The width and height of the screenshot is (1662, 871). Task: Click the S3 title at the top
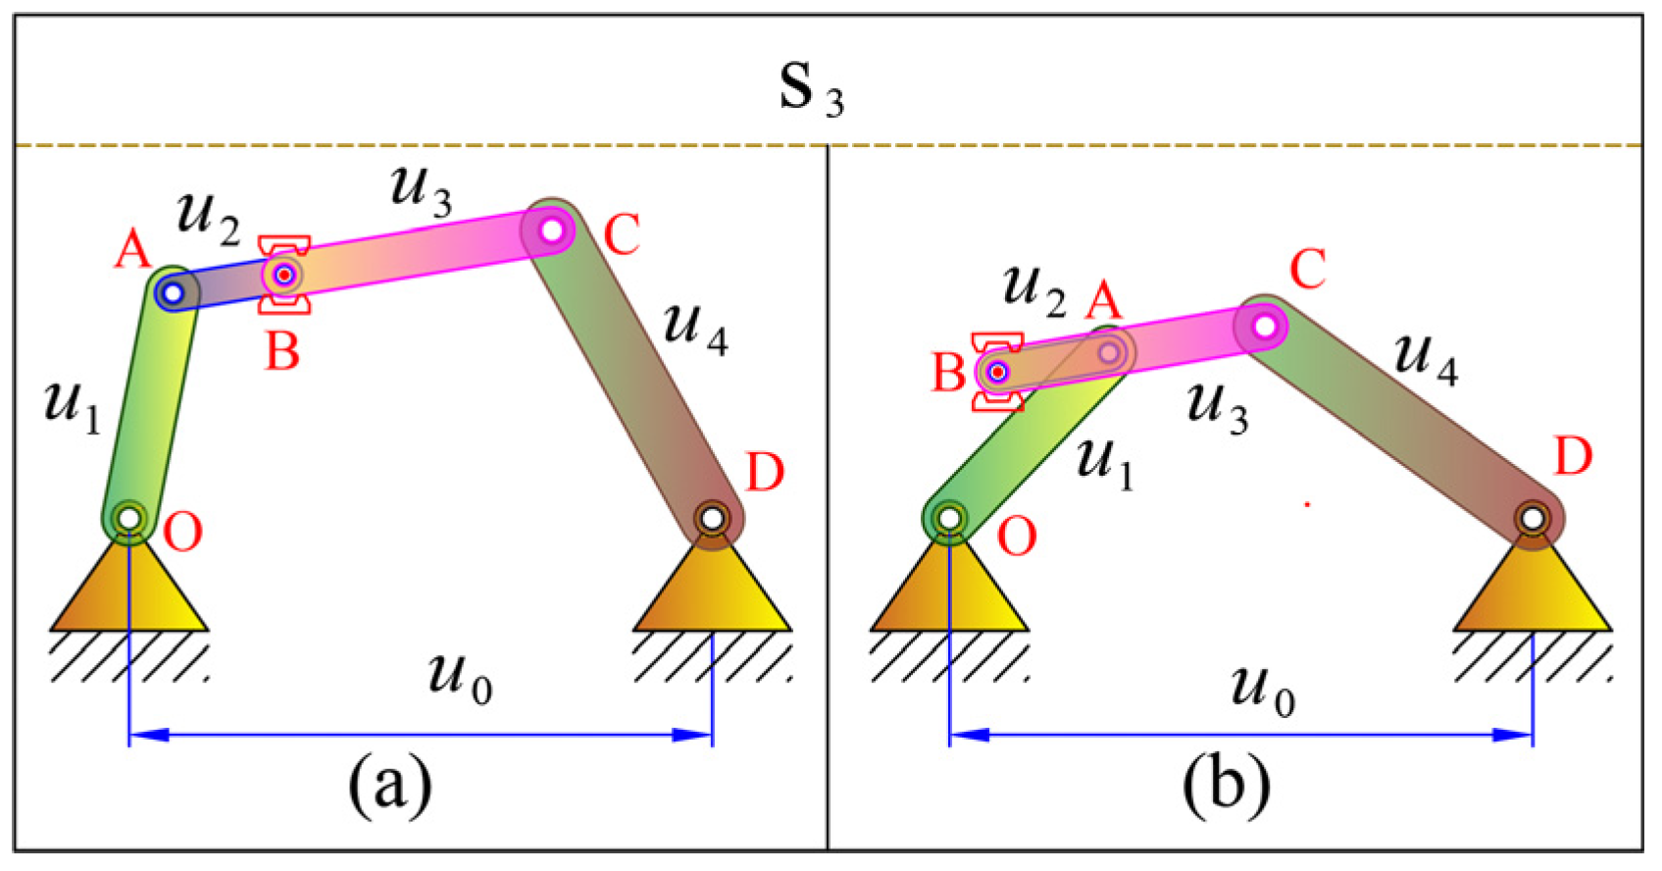(x=810, y=89)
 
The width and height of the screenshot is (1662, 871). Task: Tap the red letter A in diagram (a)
(x=133, y=249)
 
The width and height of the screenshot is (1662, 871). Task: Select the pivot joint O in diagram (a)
(x=129, y=517)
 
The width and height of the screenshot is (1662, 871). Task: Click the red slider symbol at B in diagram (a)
(x=284, y=275)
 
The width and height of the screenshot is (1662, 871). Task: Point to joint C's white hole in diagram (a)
(x=552, y=230)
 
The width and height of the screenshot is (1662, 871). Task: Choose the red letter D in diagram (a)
(x=765, y=473)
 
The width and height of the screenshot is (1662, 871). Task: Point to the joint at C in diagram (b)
(x=1265, y=324)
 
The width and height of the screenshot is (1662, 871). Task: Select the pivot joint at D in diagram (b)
(x=1532, y=517)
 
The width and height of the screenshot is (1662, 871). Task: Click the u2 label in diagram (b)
(x=1033, y=289)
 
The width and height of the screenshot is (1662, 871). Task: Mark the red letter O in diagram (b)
(x=1016, y=538)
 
